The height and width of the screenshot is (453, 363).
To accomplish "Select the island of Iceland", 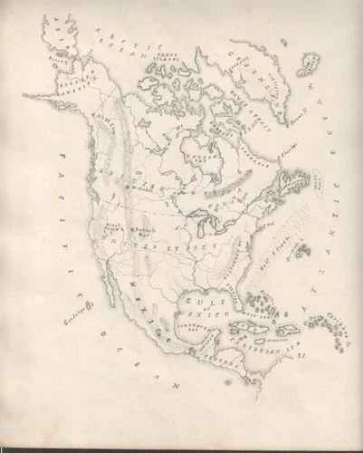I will (x=313, y=63).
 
